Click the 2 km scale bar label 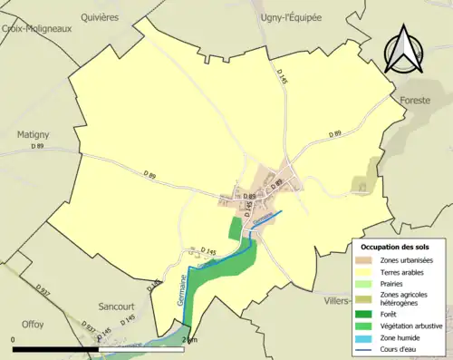click(x=188, y=339)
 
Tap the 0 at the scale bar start click(x=14, y=339)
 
